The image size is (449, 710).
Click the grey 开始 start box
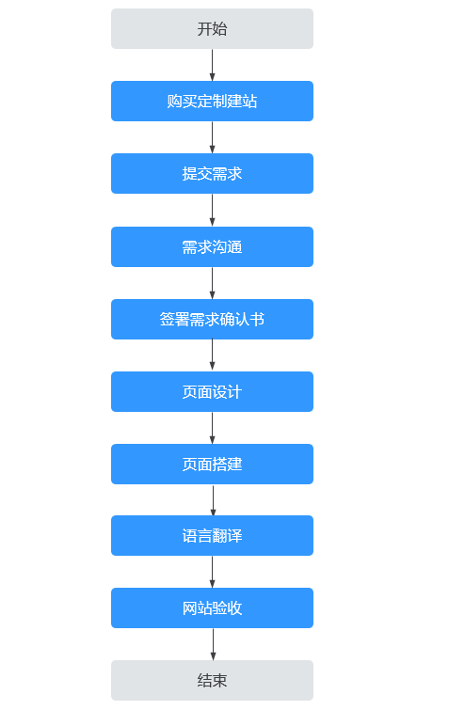(x=212, y=28)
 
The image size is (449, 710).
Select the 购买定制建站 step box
(x=212, y=101)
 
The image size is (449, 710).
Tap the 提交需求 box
(x=212, y=173)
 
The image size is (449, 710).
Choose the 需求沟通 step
(x=212, y=246)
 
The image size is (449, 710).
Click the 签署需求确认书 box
(x=212, y=319)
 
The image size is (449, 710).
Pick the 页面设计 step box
(x=212, y=392)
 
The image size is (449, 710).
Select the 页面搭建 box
(x=212, y=465)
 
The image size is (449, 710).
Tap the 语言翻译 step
(x=212, y=536)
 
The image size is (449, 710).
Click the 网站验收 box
(x=212, y=608)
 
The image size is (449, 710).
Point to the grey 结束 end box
(x=212, y=681)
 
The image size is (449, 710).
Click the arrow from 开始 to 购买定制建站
(x=212, y=65)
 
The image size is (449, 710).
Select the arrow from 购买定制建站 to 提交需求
(x=212, y=137)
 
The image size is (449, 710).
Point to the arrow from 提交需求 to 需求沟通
(x=212, y=211)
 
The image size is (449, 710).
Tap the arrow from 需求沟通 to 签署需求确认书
(x=212, y=283)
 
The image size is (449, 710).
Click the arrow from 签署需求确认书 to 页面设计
(x=212, y=355)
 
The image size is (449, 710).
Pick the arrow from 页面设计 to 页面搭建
(x=212, y=429)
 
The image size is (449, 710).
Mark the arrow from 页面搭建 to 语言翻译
(x=213, y=500)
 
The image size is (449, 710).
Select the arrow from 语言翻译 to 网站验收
(x=212, y=573)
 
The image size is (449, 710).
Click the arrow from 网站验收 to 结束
(x=213, y=645)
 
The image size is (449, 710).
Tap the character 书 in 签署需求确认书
(x=257, y=319)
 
